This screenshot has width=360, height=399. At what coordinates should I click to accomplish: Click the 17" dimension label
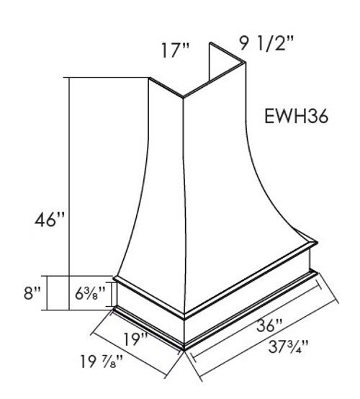click(176, 50)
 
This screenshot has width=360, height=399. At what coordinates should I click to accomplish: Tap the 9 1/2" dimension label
click(266, 43)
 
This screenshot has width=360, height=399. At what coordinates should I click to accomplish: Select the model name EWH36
click(297, 116)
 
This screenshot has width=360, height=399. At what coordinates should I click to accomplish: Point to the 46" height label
click(50, 220)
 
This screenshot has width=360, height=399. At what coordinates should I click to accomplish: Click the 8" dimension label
click(32, 293)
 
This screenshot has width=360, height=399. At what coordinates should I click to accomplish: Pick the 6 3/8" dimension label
click(90, 293)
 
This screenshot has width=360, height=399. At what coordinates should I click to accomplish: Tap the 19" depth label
click(135, 339)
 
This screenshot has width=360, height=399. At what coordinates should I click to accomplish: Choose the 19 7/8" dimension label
click(102, 362)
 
